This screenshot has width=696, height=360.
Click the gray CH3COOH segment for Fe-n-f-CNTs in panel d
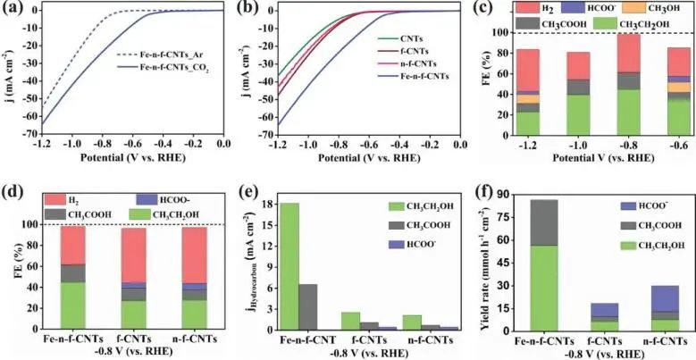pyautogui.click(x=72, y=272)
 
